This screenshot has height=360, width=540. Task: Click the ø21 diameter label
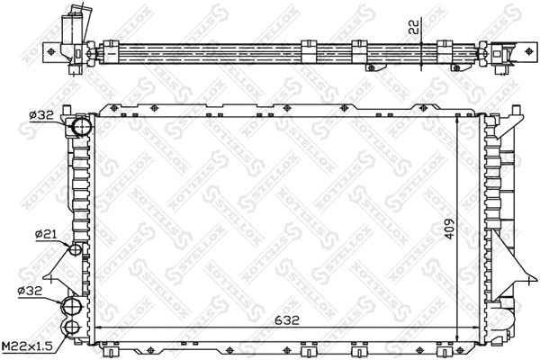pos(46,235)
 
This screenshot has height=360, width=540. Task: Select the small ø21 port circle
pos(76,249)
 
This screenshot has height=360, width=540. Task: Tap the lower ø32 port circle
pos(72,307)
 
